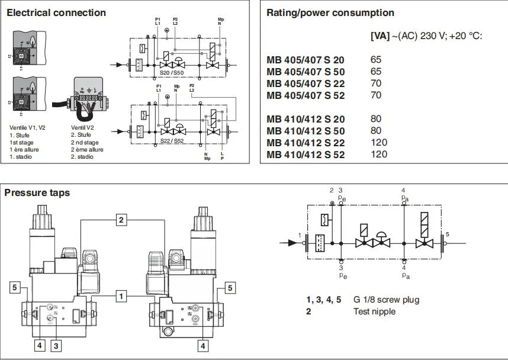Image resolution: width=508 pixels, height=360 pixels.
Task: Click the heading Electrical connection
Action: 57,12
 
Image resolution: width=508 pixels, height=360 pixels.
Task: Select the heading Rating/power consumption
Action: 330,12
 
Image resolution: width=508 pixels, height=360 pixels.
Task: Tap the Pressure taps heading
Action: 37,192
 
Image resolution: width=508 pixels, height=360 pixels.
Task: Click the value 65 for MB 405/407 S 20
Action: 376,60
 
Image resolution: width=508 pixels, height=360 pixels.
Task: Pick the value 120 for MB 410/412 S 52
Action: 379,155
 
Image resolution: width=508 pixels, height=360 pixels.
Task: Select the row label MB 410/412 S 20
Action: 306,119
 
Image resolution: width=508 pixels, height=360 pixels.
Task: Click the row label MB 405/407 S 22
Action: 306,83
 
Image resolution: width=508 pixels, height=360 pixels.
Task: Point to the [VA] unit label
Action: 380,36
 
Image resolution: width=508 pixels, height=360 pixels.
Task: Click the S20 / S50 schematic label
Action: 172,72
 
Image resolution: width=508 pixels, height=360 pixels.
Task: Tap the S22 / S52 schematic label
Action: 172,142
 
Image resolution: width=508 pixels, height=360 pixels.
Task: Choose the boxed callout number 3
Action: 57,343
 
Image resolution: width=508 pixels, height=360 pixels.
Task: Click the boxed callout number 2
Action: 121,220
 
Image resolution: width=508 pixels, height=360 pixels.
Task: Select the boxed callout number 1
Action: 121,294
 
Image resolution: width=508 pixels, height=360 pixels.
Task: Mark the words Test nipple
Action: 374,311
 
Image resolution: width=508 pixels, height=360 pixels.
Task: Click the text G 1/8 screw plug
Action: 386,300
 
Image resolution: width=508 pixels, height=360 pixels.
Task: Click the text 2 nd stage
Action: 85,143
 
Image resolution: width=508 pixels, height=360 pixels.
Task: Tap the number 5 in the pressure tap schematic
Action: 447,234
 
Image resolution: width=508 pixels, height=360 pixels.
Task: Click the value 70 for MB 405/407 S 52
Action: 376,95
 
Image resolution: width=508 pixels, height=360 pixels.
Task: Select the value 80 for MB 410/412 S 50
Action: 376,131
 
